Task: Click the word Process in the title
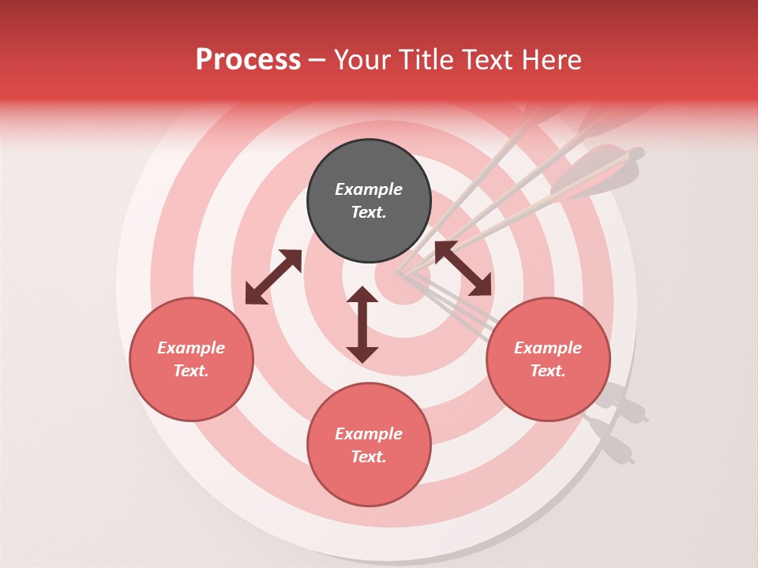coord(248,60)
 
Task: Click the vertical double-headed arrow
coord(362,324)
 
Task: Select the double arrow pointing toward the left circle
coord(273,277)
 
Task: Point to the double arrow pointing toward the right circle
coord(463,268)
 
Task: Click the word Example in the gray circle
coord(369,189)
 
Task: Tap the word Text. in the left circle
coord(191,371)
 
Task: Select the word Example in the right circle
coord(548,348)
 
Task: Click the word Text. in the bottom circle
coord(369,457)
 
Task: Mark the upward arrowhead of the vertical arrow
coord(362,294)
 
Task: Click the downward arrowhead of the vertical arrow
coord(362,354)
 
